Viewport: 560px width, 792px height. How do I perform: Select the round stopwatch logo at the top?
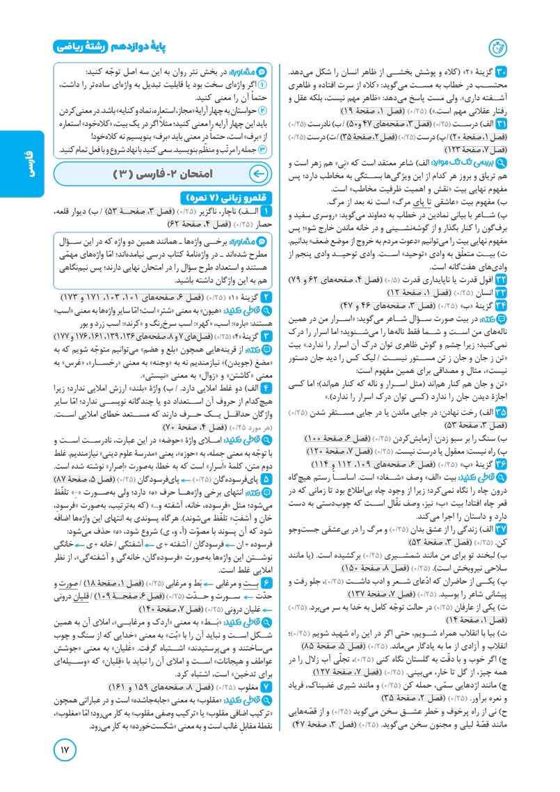tap(498, 48)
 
